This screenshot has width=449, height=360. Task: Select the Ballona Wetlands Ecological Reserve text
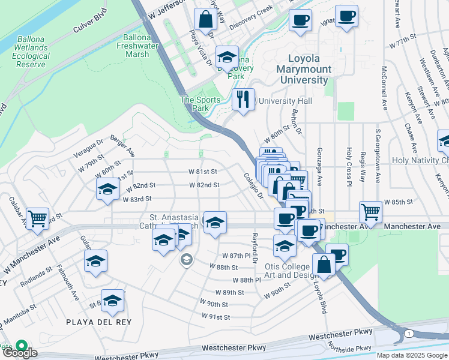31,51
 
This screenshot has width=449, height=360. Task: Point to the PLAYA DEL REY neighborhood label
98,322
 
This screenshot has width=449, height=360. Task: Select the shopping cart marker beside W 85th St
371,212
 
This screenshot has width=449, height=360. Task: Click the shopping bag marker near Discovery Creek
205,19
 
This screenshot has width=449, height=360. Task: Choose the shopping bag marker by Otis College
324,265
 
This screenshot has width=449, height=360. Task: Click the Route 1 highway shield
408,333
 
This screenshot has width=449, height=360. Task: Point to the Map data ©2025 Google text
412,355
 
